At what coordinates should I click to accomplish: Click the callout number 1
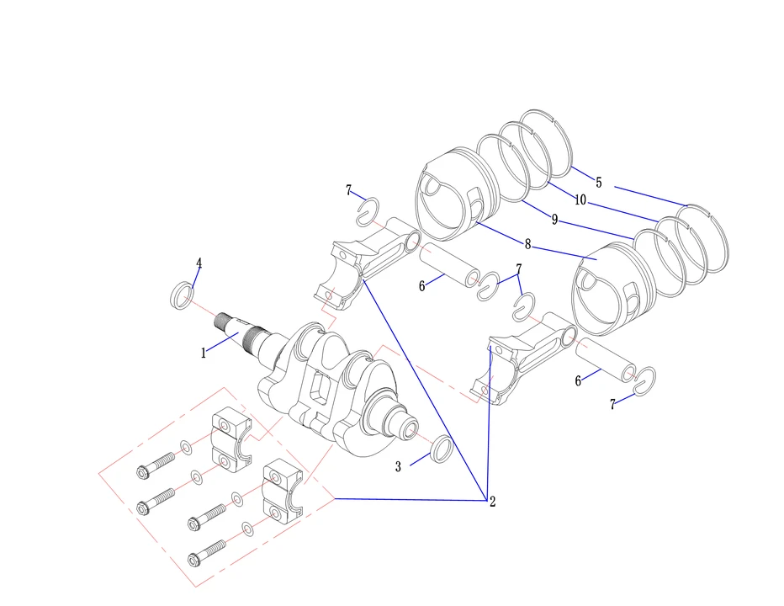point(203,353)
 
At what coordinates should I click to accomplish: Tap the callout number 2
point(492,502)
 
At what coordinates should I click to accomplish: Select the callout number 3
point(398,467)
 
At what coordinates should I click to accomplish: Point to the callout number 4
point(199,263)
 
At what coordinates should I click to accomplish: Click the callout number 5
point(598,183)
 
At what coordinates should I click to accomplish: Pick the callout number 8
point(527,244)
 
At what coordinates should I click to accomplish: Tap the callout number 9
point(554,220)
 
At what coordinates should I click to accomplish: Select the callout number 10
point(580,200)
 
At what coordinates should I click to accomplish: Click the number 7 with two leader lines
point(519,269)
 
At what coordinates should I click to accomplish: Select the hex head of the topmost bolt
point(143,472)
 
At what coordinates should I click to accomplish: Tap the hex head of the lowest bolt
point(194,559)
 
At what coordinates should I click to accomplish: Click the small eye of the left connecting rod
point(413,242)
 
